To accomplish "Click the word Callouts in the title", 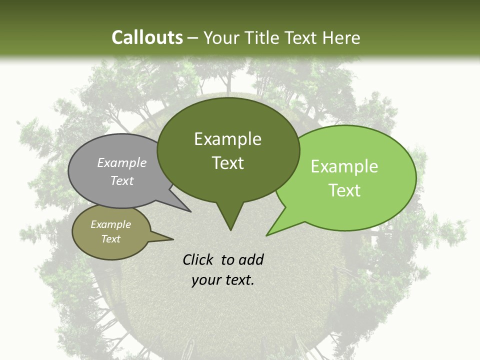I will (x=147, y=37).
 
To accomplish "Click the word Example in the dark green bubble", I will (x=227, y=139).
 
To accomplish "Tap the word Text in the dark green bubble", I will (x=227, y=163).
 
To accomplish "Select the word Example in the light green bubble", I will (x=344, y=166).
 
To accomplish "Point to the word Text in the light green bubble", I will (x=344, y=190).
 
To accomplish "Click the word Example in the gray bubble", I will (x=121, y=163).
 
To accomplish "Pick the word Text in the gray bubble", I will (x=121, y=181).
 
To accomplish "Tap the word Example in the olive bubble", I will (x=110, y=224).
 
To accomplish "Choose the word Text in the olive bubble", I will (x=110, y=239).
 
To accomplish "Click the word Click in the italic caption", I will (x=198, y=259).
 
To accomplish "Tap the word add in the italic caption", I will (x=250, y=259).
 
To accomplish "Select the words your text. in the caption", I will (x=222, y=280).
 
